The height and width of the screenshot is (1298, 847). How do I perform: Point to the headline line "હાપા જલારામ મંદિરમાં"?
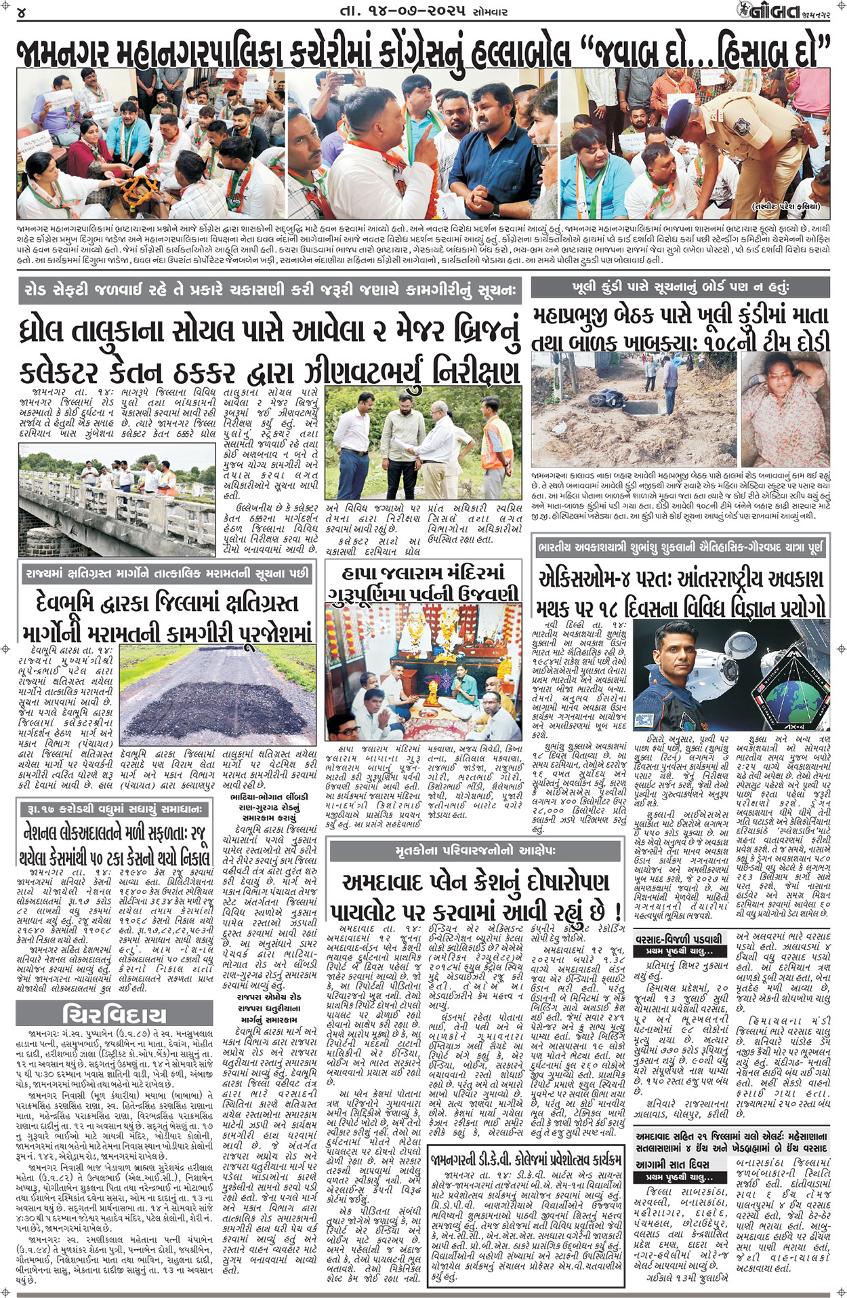[423, 572]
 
